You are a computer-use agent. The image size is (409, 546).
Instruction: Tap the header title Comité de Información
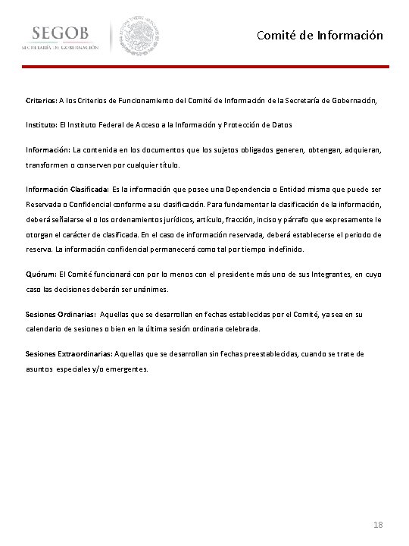click(320, 36)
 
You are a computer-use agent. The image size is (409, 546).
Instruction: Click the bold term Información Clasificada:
click(67, 189)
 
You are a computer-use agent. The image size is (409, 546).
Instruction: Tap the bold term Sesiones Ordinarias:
click(61, 313)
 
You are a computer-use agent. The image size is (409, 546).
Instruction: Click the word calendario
click(46, 328)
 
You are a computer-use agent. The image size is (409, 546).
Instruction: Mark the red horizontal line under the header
click(204, 67)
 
